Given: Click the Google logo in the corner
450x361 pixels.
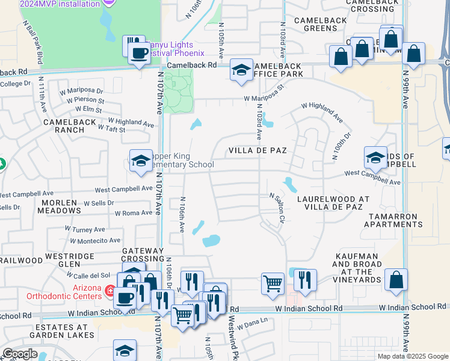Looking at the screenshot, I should pos(19,354).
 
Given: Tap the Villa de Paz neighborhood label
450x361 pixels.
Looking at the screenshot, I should pos(256,150).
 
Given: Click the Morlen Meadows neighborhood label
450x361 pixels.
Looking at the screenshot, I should pos(59,206).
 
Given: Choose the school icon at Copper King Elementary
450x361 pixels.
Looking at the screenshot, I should pos(141,161).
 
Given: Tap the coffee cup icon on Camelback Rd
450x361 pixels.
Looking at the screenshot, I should pos(139,53).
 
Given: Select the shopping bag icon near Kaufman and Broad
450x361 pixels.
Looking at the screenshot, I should pos(396,280).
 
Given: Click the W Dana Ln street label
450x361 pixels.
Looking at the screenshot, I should pos(251,324).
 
